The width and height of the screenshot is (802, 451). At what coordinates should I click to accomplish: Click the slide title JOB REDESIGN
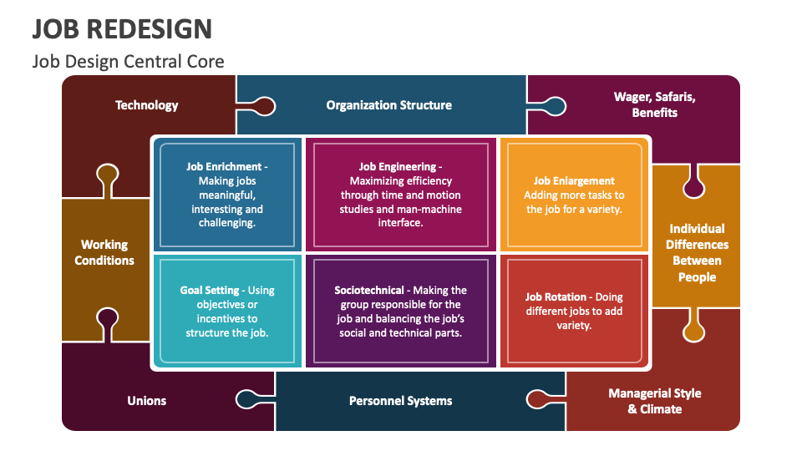point(122,28)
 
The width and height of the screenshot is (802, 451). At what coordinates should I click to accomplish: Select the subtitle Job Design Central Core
point(128,62)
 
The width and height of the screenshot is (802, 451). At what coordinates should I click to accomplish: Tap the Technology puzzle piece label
point(147,105)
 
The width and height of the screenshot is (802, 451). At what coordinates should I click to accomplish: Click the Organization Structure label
point(388,105)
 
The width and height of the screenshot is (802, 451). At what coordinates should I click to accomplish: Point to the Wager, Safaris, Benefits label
point(654,104)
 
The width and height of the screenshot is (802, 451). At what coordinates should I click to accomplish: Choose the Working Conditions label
point(104,252)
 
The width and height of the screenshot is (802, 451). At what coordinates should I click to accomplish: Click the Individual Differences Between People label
point(697,252)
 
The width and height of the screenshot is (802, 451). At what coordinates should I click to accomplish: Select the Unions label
point(147,401)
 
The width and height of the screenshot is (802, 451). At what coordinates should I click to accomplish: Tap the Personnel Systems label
point(400,401)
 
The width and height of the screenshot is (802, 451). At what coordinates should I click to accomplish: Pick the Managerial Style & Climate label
point(654,401)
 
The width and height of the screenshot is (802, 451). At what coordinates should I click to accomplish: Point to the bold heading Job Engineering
point(398,166)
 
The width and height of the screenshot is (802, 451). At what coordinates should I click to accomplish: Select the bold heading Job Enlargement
point(574,180)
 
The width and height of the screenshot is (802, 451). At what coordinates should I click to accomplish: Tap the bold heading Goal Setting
point(210,291)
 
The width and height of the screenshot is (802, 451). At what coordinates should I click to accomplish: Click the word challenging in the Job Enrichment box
point(227,223)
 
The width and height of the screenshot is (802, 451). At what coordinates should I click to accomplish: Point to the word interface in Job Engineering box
point(400,223)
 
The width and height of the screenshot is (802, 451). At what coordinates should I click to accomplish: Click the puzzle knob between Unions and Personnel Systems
point(248,399)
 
